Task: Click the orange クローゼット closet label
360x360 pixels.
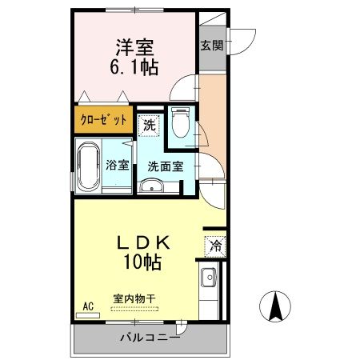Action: point(103,121)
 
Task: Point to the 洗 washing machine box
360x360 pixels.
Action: point(149,125)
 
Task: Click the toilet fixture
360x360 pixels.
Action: point(180,124)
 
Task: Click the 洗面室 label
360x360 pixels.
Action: point(165,166)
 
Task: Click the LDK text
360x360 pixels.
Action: point(144,242)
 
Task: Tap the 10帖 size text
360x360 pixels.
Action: point(144,261)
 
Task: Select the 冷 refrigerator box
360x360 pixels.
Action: point(214,246)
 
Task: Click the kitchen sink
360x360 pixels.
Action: point(208,279)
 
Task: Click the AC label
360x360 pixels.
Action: point(88,306)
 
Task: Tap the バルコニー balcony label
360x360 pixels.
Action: point(150,338)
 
